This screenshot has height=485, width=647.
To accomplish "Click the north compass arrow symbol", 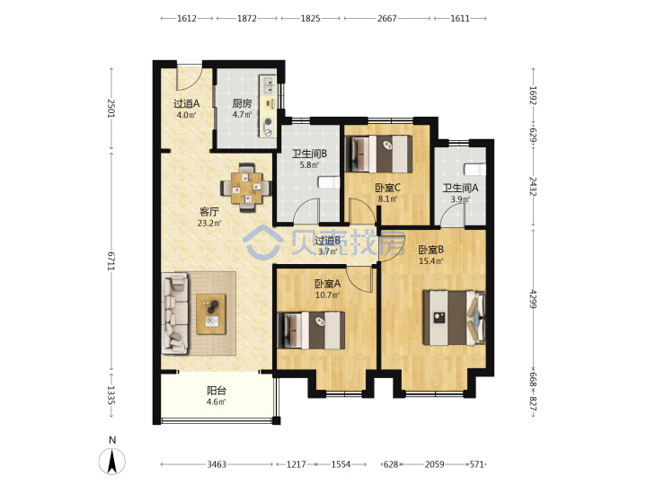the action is click(x=111, y=461).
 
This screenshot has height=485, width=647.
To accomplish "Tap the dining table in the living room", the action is click(x=246, y=188).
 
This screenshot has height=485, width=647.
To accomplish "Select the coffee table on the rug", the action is click(x=211, y=313).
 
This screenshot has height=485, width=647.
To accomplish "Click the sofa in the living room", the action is click(x=175, y=313).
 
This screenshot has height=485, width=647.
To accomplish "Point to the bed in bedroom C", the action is click(x=378, y=154).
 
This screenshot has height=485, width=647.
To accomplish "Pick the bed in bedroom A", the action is click(x=312, y=330).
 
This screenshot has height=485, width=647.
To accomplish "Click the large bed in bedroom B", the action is click(x=454, y=318).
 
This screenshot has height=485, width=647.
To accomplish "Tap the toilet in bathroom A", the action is click(x=474, y=170).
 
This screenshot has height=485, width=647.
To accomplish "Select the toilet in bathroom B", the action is click(x=329, y=182).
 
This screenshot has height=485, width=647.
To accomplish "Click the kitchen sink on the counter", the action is click(x=268, y=85).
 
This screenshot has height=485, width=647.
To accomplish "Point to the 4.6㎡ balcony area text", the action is click(x=217, y=401).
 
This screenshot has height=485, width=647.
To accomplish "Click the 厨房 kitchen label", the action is click(x=242, y=103).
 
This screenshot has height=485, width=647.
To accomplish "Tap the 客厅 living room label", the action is click(x=209, y=212).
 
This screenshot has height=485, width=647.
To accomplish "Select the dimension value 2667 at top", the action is click(x=386, y=19).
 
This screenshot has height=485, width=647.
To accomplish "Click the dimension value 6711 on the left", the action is click(x=111, y=260).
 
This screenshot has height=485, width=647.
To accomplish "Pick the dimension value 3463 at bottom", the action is click(x=217, y=465).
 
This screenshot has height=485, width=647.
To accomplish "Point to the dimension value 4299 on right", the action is click(x=533, y=298).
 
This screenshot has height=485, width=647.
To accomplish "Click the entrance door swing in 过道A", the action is click(x=189, y=77).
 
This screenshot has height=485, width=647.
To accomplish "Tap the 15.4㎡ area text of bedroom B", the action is click(x=430, y=261).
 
